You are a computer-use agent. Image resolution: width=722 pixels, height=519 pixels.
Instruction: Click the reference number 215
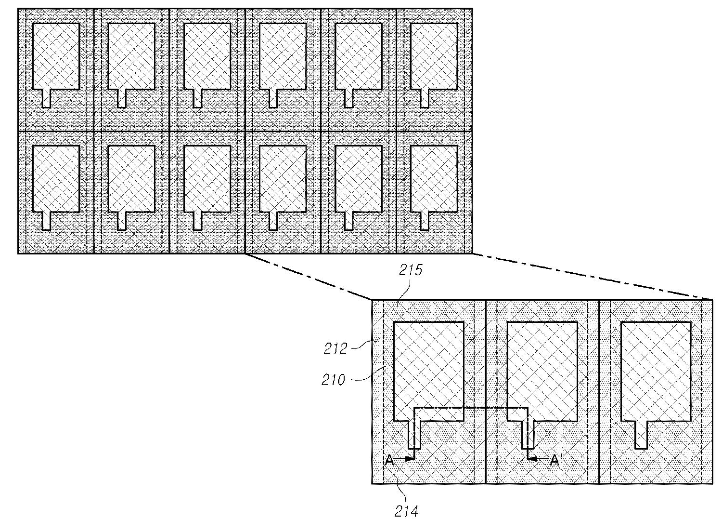pyautogui.click(x=410, y=270)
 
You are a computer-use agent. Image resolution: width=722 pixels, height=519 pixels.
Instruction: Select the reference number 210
pyautogui.click(x=334, y=380)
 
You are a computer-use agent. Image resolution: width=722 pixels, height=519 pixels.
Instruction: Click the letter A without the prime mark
pyautogui.click(x=390, y=460)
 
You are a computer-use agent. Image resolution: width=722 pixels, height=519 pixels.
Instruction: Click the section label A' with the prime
pyautogui.click(x=555, y=460)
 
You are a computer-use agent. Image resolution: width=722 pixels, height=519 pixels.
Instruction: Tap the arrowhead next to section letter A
pyautogui.click(x=410, y=459)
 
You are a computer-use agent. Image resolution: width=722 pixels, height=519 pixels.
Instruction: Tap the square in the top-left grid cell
pyautogui.click(x=56, y=56)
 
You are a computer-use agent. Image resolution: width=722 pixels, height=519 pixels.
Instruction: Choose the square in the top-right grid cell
pyautogui.click(x=434, y=56)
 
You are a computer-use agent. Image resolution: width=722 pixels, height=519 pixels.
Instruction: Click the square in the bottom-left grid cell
pyautogui.click(x=56, y=178)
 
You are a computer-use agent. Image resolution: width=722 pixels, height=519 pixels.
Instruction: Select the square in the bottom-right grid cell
pyautogui.click(x=434, y=178)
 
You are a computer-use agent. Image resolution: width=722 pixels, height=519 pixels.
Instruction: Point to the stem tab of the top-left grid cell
pyautogui.click(x=47, y=98)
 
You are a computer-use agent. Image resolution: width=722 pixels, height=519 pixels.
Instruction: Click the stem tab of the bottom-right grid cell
pyautogui.click(x=425, y=221)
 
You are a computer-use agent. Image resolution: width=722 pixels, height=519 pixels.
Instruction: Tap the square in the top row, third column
pyautogui.click(x=207, y=56)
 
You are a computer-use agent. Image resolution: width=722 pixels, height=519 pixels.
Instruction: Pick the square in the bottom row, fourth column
pyautogui.click(x=283, y=178)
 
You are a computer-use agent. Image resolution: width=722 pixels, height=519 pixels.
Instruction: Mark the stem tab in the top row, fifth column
pyautogui.click(x=349, y=98)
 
